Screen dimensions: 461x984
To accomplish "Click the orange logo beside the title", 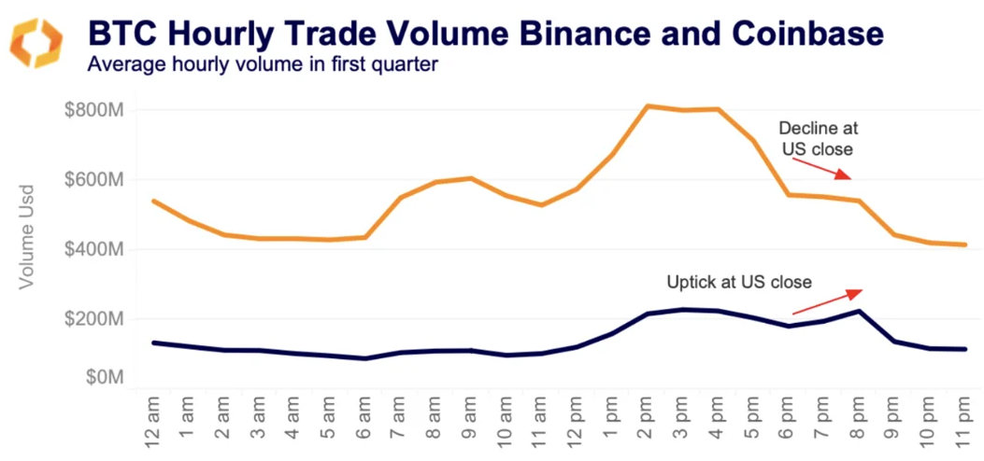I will tap(36, 42).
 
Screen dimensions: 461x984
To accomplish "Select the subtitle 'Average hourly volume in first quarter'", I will tap(263, 65).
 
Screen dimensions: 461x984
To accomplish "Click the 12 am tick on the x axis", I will tap(153, 421).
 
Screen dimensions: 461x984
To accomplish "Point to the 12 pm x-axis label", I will tap(577, 421).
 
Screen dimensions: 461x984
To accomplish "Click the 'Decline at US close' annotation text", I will tap(818, 137).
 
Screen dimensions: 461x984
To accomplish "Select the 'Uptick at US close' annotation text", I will tap(738, 281).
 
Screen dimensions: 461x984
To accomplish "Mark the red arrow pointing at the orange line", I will tap(821, 167).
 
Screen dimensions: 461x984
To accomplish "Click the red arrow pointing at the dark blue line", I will tap(827, 301).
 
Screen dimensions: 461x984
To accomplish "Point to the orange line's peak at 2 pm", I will tap(648, 105).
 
